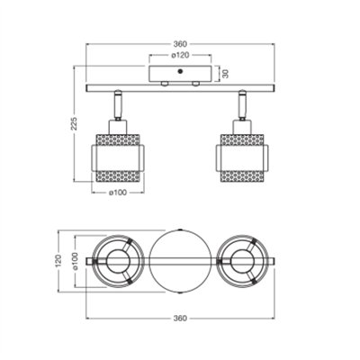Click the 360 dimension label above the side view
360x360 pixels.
[180, 44]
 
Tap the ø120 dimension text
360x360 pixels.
[180, 55]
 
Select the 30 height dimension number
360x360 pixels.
[226, 74]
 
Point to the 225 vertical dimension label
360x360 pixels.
[74, 123]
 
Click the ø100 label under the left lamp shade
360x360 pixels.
[118, 193]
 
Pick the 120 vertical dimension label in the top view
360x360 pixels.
[58, 261]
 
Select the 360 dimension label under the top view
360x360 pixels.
[180, 319]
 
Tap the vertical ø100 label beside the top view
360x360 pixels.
[75, 261]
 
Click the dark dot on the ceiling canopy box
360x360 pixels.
[180, 71]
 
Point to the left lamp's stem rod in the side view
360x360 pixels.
[118, 104]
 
